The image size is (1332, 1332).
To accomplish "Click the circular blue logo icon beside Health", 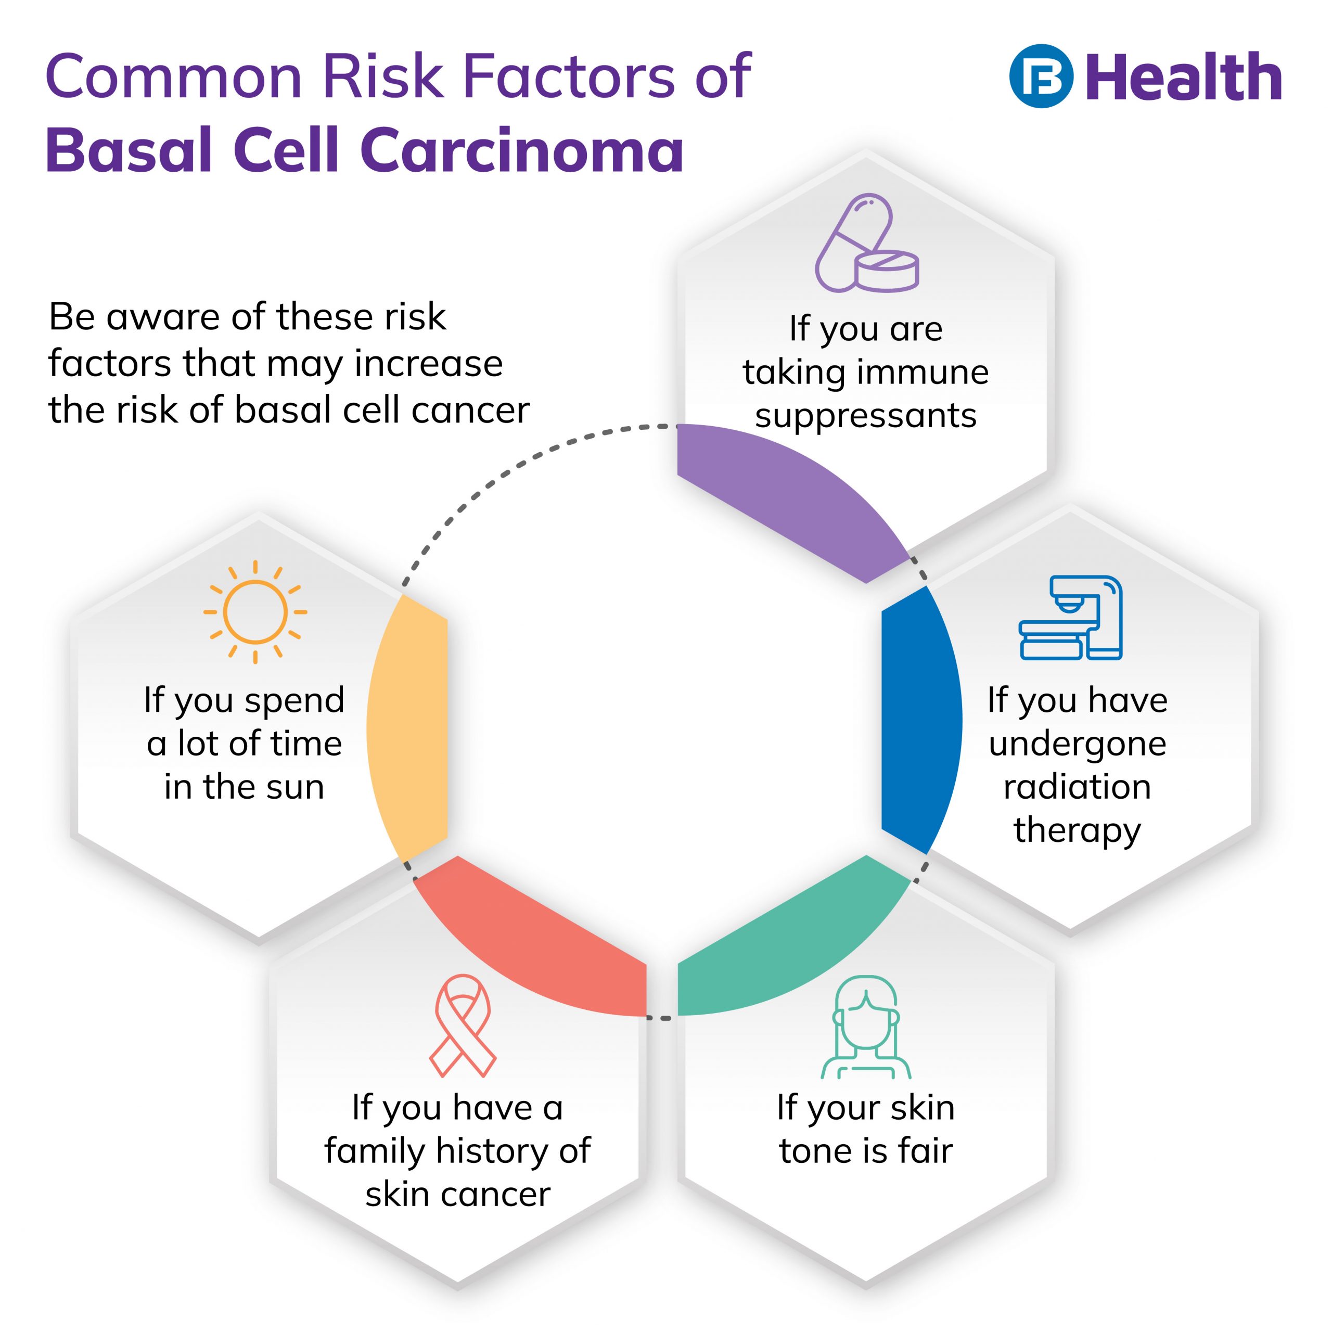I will [1041, 76].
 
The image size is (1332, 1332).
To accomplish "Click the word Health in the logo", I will [1184, 78].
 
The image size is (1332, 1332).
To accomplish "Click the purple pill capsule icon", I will [866, 242].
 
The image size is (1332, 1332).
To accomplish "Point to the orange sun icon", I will [255, 611].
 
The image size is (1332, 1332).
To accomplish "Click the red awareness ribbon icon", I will [463, 1025].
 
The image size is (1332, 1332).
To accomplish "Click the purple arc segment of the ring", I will [793, 496].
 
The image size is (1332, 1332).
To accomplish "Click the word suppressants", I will [866, 416].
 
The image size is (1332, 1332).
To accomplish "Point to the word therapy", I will [1077, 830].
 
